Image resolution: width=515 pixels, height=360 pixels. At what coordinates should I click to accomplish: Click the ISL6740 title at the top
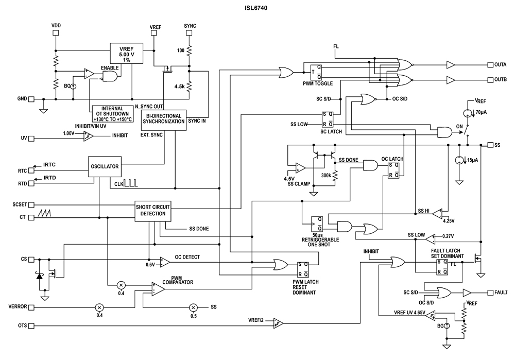[x=255, y=8]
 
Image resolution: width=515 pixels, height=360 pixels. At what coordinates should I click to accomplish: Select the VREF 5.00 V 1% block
[x=127, y=53]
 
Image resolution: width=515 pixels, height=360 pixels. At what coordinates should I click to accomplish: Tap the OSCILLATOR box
[x=105, y=167]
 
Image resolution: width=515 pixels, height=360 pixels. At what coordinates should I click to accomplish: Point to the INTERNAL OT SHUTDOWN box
[x=111, y=113]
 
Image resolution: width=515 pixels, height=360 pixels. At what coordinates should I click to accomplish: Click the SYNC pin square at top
[x=190, y=32]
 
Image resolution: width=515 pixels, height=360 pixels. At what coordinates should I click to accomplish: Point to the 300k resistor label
[x=325, y=176]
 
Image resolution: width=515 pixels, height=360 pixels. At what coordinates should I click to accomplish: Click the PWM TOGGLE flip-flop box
[x=316, y=72]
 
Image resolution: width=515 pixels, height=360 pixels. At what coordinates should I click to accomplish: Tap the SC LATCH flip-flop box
[x=328, y=119]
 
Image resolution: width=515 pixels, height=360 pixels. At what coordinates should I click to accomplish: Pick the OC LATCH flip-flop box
[x=393, y=170]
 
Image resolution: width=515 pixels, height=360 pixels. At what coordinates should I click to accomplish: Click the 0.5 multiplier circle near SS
[x=193, y=307]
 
